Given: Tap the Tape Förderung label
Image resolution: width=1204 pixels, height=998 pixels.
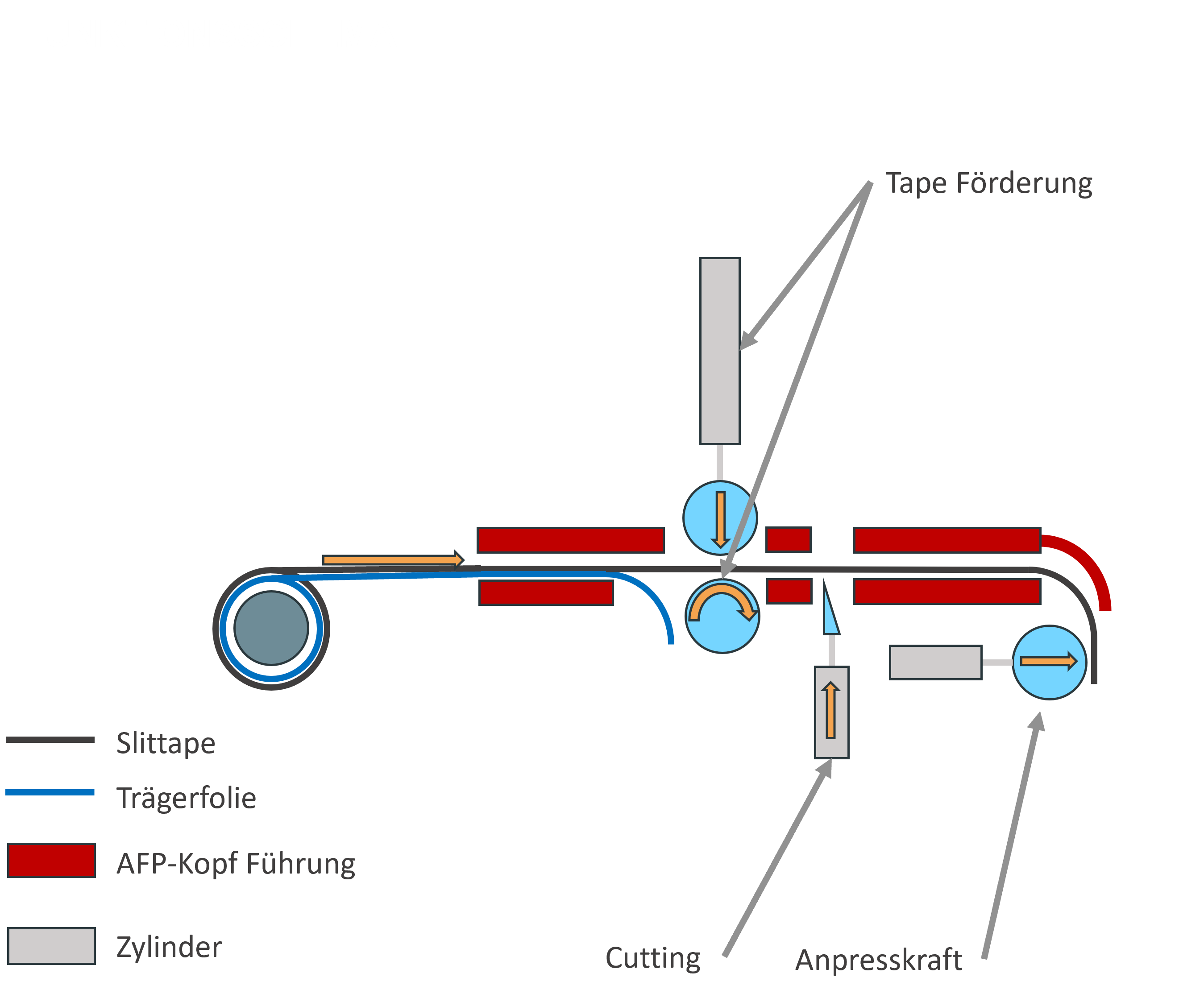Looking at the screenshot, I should [988, 183].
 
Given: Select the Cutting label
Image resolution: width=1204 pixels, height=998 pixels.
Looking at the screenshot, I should [652, 958].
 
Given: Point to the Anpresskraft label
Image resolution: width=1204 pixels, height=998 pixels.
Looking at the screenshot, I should [878, 960].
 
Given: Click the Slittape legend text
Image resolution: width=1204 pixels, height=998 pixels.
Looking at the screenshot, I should [166, 744].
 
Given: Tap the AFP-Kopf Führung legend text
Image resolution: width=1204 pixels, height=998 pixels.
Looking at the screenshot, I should [236, 863].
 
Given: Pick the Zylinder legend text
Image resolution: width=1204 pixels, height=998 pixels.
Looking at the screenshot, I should [169, 947].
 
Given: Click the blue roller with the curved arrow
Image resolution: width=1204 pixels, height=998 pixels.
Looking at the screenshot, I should [722, 616].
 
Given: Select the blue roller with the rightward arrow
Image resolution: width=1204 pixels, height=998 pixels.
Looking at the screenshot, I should [1049, 662].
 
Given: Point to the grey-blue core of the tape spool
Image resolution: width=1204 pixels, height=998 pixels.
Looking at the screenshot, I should [271, 628].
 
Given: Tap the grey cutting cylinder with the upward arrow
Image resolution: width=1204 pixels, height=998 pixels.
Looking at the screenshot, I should [831, 712].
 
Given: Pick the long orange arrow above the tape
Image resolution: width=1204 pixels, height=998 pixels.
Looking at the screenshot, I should [393, 559].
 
